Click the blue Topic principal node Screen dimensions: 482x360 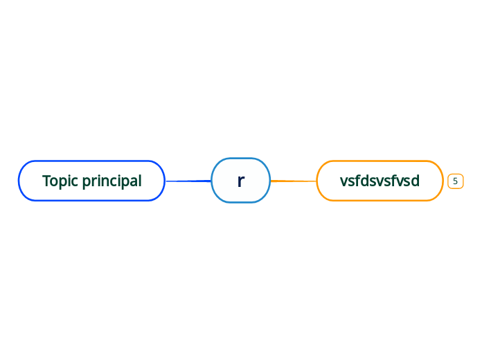(x=91, y=181)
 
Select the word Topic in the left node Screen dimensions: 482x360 (x=60, y=181)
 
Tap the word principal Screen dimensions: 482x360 (x=111, y=181)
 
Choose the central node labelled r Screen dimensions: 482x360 (x=240, y=180)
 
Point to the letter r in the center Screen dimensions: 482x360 (x=240, y=181)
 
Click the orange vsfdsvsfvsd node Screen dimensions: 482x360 (x=380, y=181)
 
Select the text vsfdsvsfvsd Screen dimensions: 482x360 (x=380, y=181)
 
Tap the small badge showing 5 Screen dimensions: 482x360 (x=455, y=181)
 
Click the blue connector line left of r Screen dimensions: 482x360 (x=188, y=181)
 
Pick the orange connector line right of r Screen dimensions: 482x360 (x=293, y=181)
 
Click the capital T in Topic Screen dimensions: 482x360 (x=46, y=181)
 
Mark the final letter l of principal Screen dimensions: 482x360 (x=140, y=181)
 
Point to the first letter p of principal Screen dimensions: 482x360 (x=87, y=183)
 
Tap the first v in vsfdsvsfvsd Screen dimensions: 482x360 (x=343, y=182)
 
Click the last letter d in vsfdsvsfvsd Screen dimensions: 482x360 (x=415, y=181)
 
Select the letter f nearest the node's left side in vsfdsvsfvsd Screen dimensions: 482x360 (x=356, y=181)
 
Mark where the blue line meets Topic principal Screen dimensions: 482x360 (x=166, y=181)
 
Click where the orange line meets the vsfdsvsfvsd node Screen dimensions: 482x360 (x=317, y=181)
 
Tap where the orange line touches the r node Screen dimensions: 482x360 (x=270, y=181)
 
